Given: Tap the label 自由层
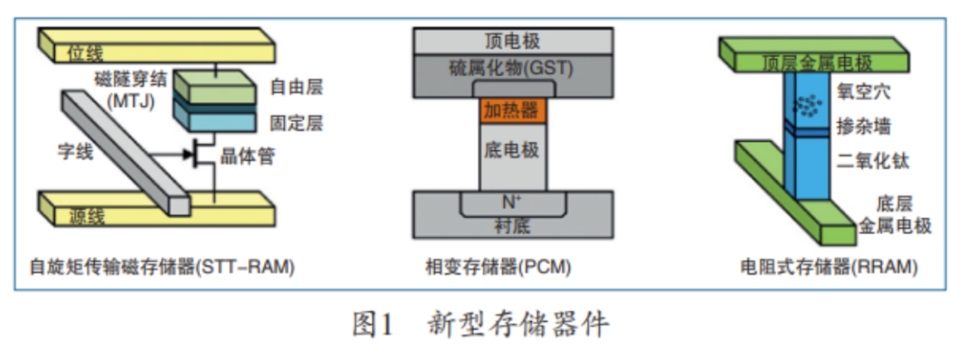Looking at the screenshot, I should coord(296,88).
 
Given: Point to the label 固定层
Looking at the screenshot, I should coord(296,121).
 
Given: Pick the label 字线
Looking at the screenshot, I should coord(73,154).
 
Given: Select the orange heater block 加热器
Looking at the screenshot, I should coord(508,110).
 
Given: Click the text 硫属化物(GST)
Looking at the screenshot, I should coord(511,68).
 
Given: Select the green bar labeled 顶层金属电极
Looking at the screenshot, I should coord(814,62).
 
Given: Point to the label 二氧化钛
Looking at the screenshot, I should coord(872,161).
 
